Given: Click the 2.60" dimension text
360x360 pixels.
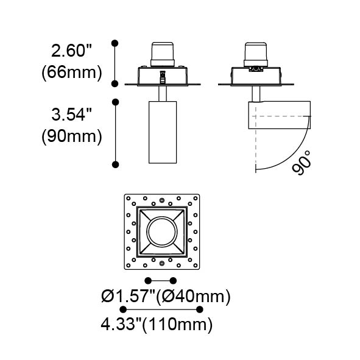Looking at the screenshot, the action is tap(71, 51).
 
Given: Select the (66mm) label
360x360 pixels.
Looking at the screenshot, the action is tap(72, 72).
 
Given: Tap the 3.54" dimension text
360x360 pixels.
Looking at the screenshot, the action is tap(71, 115).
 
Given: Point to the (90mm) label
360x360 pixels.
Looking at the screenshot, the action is tap(72, 136).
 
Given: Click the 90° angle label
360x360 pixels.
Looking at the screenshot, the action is tap(302, 163).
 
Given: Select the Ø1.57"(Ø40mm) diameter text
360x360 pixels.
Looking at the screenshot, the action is tap(166, 296).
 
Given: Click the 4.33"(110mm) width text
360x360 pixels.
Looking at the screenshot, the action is tap(157, 325).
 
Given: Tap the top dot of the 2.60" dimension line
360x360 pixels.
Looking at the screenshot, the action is tap(115, 43).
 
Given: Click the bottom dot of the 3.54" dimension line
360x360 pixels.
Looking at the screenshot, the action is tap(115, 164).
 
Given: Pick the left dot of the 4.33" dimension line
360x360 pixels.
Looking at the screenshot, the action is tap(123, 309).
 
